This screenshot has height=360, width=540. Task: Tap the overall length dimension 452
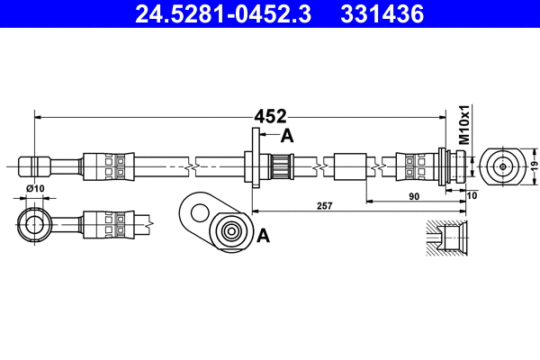click(270, 116)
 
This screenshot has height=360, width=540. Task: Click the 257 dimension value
click(325, 206)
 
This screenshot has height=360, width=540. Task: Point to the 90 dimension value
click(414, 195)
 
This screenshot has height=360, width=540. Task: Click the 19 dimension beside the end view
click(533, 166)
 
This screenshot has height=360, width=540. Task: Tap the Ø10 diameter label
click(35, 188)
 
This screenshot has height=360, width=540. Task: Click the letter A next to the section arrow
click(287, 136)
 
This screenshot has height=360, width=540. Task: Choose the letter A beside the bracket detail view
click(264, 236)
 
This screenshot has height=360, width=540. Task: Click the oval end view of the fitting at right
click(501, 166)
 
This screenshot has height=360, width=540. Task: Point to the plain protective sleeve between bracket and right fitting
click(348, 166)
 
